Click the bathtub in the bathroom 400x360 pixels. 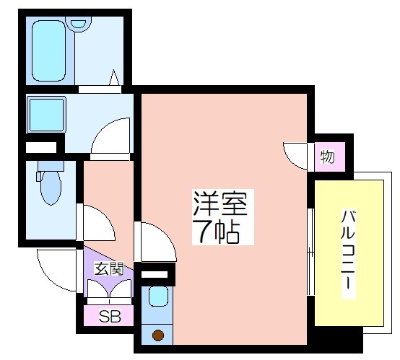tap(48, 51)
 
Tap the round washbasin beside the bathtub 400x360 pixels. tap(78, 24)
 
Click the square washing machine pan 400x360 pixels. tap(46, 115)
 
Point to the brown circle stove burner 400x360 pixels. tap(158, 335)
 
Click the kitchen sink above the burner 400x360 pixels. tap(158, 297)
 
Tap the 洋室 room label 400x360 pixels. tap(220, 203)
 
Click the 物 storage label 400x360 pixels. tap(327, 157)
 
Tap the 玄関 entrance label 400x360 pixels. tap(109, 268)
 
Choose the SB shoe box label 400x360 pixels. tap(110, 317)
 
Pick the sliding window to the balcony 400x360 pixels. tap(310, 252)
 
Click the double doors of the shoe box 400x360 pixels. tap(110, 289)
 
